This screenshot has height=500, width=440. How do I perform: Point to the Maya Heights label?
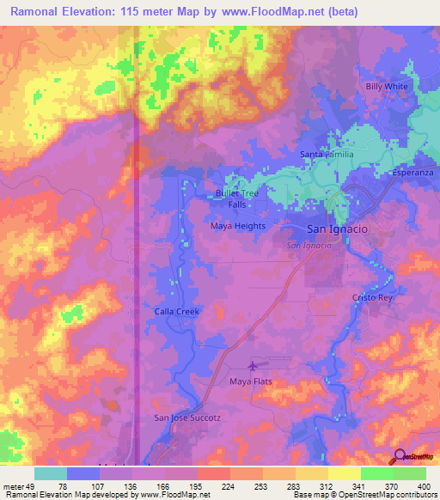pos(238,226)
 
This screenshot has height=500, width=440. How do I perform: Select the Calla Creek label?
pos(176,311)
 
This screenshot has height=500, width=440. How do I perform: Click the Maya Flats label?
pos(251,381)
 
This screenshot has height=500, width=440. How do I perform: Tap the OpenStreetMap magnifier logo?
pos(401,456)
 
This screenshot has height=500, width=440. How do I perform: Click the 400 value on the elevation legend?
pos(423,485)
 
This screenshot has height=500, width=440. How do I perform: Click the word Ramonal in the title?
pos(39,12)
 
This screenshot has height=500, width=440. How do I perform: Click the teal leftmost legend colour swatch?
pos(50,473)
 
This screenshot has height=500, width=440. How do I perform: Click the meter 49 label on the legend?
pos(19,485)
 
